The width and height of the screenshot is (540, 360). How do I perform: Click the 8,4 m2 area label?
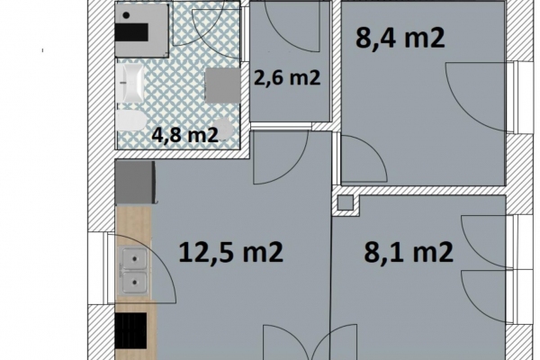[400, 38]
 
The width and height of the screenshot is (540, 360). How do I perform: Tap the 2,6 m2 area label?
[288, 77]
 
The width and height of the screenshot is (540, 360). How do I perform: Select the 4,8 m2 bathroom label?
[185, 135]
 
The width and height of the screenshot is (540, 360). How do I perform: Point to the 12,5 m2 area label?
[230, 252]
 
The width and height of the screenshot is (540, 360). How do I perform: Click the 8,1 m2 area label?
[409, 252]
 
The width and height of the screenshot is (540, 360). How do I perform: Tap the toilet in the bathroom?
[130, 121]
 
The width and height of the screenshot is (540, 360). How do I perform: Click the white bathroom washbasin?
[130, 83]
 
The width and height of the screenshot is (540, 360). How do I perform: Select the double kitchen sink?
[133, 270]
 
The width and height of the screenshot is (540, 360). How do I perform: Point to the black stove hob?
[130, 330]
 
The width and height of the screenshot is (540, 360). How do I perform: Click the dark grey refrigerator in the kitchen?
[135, 182]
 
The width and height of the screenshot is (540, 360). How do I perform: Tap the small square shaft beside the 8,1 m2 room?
[346, 202]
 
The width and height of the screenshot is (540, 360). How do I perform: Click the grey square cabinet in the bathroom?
[222, 85]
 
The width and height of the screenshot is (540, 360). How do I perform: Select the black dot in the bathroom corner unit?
[126, 15]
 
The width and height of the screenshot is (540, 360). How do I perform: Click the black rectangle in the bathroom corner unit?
[131, 32]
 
